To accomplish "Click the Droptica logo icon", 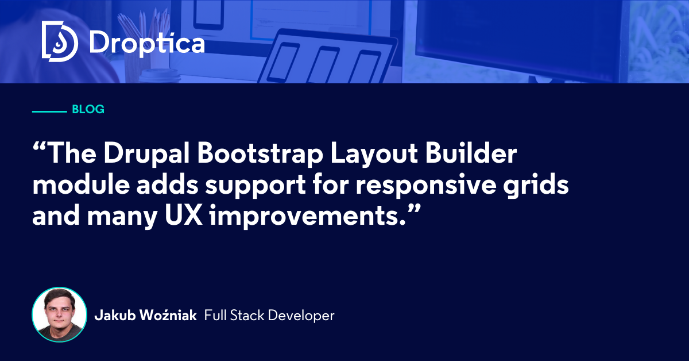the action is click(60, 41).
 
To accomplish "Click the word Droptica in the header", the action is click(147, 44).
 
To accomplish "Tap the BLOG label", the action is click(88, 109).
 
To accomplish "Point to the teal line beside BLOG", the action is click(49, 112).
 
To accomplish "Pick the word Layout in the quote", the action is click(374, 153).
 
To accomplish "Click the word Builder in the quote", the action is click(471, 153).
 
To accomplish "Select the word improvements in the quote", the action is click(307, 217).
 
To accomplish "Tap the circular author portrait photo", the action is click(59, 314).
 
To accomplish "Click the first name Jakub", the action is click(115, 316).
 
